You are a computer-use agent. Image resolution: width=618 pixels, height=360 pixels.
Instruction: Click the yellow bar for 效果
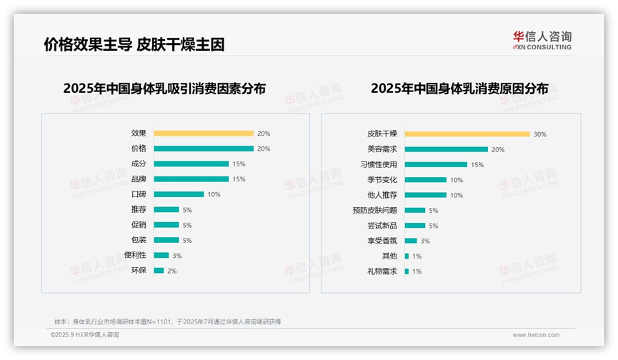click(203, 133)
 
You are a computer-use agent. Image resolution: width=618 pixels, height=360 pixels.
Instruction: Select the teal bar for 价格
click(203, 149)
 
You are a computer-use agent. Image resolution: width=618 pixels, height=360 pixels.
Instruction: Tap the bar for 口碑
click(179, 194)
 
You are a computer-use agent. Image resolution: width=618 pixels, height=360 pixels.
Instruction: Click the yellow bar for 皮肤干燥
click(467, 134)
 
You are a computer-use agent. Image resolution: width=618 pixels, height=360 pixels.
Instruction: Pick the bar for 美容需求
click(446, 149)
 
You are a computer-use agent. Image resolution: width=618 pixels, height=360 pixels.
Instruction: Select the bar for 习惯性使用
click(436, 164)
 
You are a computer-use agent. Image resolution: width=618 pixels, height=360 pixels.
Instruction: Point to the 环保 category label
click(139, 271)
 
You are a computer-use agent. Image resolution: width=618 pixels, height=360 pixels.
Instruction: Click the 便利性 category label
click(135, 255)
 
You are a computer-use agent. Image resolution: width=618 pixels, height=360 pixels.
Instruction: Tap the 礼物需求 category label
click(382, 271)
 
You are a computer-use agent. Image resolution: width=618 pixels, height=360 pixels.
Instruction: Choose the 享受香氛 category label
click(382, 241)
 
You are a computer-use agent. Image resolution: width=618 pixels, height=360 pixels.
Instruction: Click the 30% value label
click(539, 134)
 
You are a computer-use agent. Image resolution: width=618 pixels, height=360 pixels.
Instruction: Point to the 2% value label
click(171, 271)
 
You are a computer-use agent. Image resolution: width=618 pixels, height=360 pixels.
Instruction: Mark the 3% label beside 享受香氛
click(425, 241)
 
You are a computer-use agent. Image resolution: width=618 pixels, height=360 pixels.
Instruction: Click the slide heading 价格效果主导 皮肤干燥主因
click(134, 45)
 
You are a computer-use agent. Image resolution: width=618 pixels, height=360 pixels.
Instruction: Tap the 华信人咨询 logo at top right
click(542, 41)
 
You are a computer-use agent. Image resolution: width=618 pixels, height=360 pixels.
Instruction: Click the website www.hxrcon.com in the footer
click(535, 334)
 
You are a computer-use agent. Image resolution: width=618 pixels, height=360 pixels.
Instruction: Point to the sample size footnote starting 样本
click(168, 321)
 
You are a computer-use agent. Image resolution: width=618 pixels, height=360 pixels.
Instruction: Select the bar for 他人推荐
click(425, 195)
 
